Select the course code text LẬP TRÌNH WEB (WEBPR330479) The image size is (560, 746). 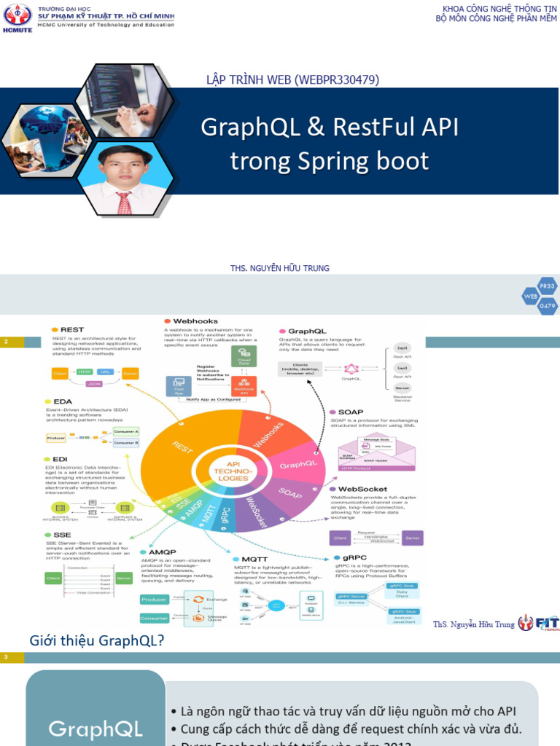tap(293, 79)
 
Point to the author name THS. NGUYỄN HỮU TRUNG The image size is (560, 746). tap(279, 268)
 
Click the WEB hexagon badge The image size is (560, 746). tap(531, 296)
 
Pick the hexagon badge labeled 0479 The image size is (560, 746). tap(547, 306)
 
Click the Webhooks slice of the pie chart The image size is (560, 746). tap(266, 435)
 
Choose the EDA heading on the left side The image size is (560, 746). tap(63, 401)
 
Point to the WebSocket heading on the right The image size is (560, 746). tap(362, 489)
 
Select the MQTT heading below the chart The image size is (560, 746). tap(250, 559)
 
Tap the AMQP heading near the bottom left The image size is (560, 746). tap(162, 552)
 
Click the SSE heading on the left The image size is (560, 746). tap(62, 535)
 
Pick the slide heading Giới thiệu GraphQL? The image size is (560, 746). tap(96, 640)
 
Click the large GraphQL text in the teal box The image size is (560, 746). tap(95, 729)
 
